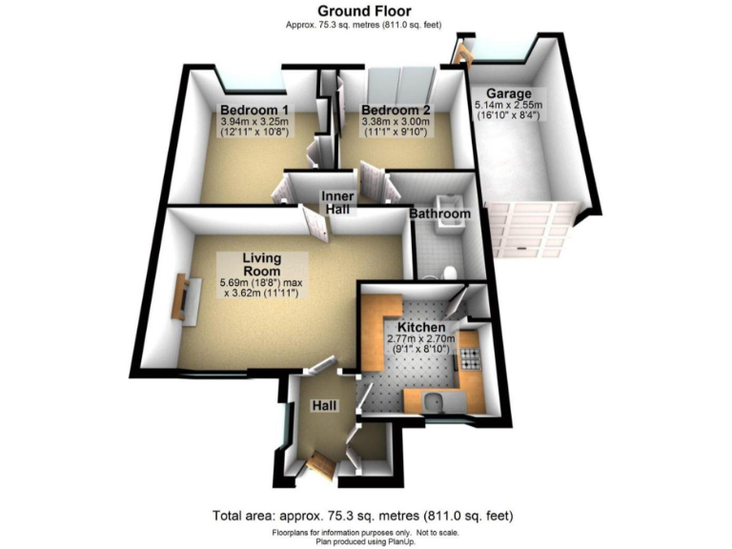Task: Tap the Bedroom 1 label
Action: click(254, 109)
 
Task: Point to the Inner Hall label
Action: click(336, 202)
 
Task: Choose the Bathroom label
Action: click(439, 215)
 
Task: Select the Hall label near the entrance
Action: click(325, 406)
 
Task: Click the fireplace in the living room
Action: click(180, 298)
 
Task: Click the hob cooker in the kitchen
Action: click(469, 359)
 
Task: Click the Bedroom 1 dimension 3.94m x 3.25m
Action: click(254, 122)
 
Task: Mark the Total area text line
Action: click(366, 516)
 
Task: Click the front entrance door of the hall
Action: click(319, 466)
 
